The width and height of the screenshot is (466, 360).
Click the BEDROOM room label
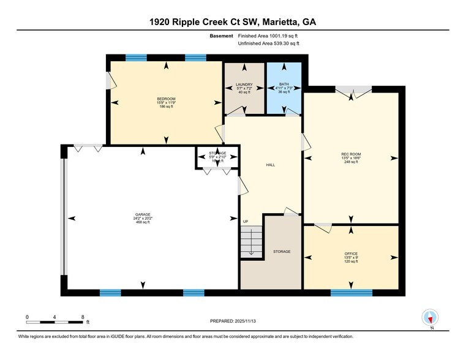166,99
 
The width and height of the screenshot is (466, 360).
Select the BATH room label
284,84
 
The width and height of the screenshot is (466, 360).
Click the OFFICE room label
351,253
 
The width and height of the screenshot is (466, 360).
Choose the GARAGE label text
143,214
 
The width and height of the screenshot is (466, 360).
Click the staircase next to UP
251,242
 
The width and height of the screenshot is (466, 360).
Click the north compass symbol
431,318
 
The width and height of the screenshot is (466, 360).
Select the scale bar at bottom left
55,321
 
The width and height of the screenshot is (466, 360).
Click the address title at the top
233,22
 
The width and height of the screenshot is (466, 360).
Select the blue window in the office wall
351,293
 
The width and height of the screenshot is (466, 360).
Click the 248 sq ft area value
351,163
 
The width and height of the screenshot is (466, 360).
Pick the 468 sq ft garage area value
143,222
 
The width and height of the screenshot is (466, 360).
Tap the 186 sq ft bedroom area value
166,107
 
